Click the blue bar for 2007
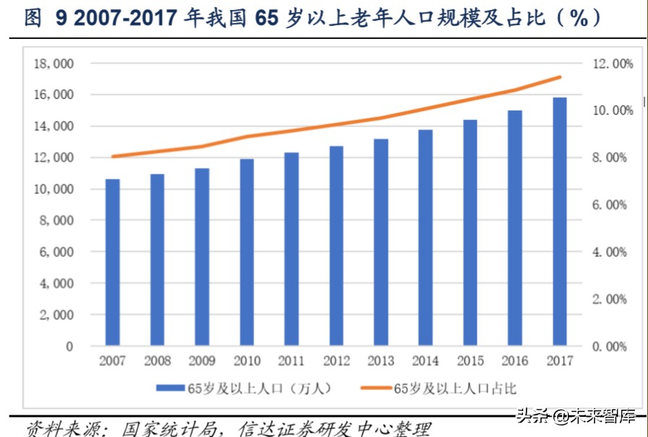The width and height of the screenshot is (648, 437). pyautogui.click(x=113, y=262)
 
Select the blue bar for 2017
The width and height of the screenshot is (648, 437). pyautogui.click(x=560, y=222)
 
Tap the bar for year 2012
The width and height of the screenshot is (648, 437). pyautogui.click(x=336, y=246)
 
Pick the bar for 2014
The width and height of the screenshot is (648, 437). pyautogui.click(x=425, y=238)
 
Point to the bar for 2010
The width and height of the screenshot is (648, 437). pyautogui.click(x=246, y=252)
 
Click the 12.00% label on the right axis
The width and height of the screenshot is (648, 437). pyautogui.click(x=613, y=64)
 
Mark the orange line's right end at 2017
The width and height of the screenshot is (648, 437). pyautogui.click(x=560, y=77)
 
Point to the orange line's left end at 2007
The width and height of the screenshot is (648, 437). pyautogui.click(x=113, y=157)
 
